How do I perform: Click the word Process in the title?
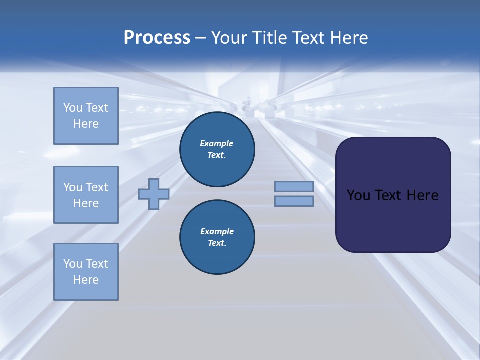coord(157,38)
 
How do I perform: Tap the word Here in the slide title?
coord(348,38)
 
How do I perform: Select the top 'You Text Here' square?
coord(86,116)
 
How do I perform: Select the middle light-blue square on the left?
coord(86,195)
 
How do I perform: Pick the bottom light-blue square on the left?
coord(86,271)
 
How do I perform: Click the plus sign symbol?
coord(154,194)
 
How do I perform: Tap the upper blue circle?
coord(217,149)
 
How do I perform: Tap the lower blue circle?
coord(217,237)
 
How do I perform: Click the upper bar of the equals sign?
coord(294,187)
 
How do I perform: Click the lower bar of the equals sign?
coord(294,201)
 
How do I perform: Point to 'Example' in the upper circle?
coord(217,143)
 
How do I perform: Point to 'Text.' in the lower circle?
coord(217,243)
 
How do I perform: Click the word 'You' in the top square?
coord(72,108)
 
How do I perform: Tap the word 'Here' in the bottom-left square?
coord(86,280)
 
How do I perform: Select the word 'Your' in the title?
coord(229,38)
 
